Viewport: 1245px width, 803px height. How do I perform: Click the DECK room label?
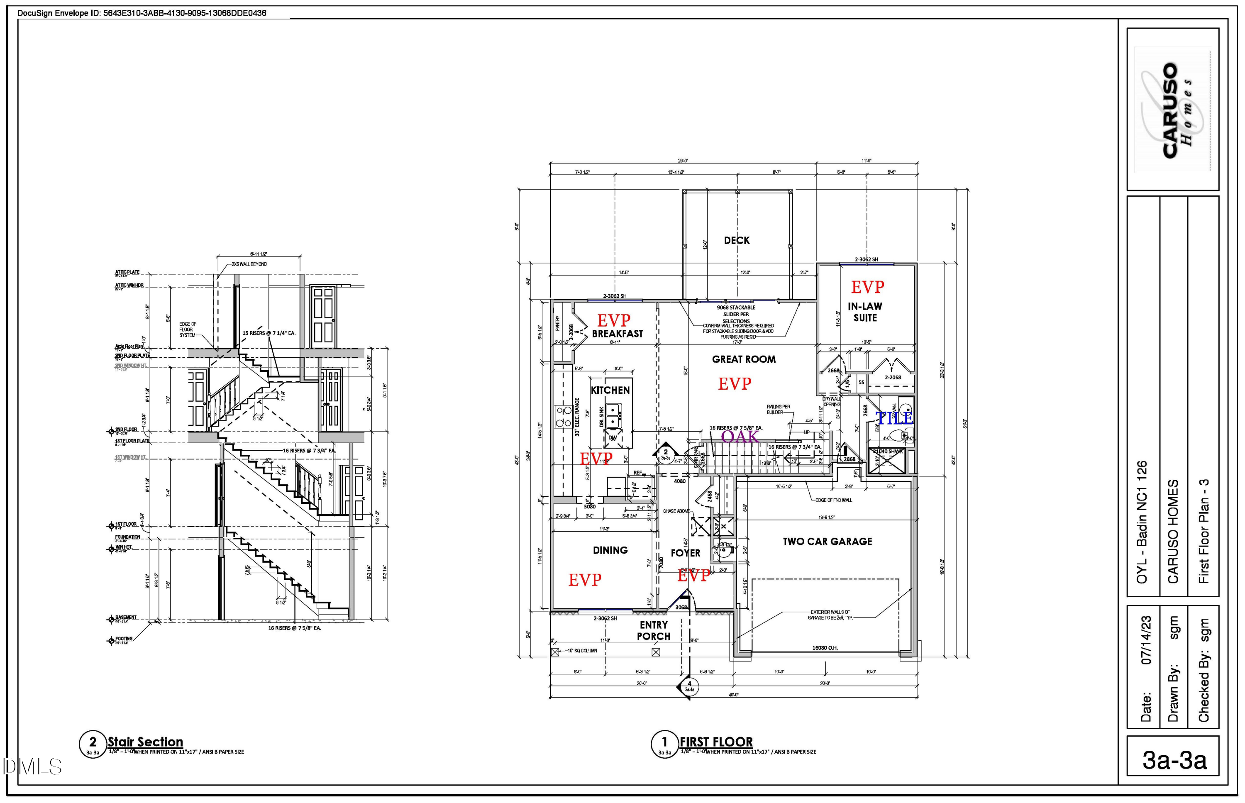(x=737, y=240)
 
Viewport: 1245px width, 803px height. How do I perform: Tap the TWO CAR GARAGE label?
(x=828, y=541)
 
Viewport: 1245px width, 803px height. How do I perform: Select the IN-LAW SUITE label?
(x=865, y=312)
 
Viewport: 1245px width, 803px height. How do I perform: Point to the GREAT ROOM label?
(x=743, y=359)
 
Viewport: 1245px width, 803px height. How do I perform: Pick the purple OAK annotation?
(x=740, y=437)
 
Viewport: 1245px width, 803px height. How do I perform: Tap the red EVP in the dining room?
(x=584, y=580)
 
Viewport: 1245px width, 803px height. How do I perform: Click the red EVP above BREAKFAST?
(x=614, y=320)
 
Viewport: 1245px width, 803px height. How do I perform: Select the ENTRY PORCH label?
(x=653, y=630)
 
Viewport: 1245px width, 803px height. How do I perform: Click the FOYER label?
(x=685, y=553)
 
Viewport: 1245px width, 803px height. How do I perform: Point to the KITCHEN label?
(x=610, y=390)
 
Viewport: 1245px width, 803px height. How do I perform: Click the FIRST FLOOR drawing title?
(x=716, y=742)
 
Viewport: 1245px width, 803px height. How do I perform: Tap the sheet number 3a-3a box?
(x=1174, y=760)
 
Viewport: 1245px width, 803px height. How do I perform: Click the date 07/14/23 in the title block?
(x=1146, y=640)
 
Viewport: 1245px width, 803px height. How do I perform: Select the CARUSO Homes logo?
(x=1174, y=110)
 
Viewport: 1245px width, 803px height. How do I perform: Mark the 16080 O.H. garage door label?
(x=825, y=648)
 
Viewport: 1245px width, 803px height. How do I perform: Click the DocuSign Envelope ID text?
(x=142, y=13)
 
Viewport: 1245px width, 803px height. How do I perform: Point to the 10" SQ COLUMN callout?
(x=582, y=651)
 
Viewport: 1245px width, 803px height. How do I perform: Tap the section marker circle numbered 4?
(x=689, y=687)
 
